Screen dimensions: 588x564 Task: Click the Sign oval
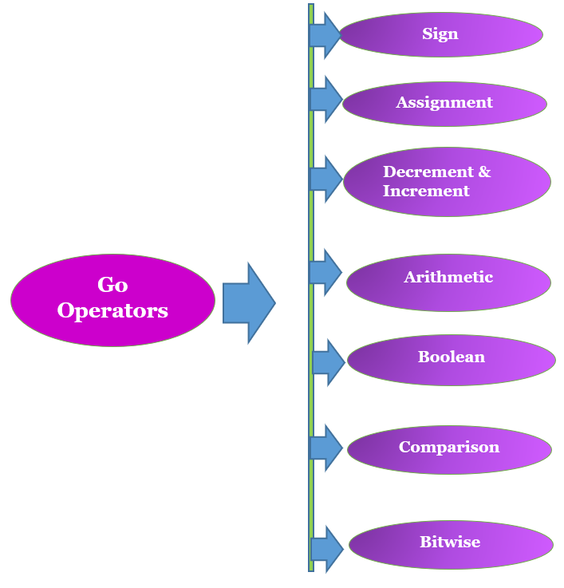pyautogui.click(x=440, y=35)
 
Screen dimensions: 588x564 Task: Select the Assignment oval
pyautogui.click(x=444, y=104)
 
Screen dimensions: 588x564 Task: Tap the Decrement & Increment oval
pyautogui.click(x=447, y=182)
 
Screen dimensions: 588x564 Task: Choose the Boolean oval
pyautogui.click(x=451, y=360)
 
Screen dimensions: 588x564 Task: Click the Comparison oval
pyautogui.click(x=449, y=449)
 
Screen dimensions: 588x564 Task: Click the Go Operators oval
pyautogui.click(x=112, y=300)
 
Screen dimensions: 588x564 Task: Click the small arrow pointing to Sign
pyautogui.click(x=325, y=35)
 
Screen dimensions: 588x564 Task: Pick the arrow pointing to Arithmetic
pyautogui.click(x=325, y=273)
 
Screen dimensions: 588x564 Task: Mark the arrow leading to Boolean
pyautogui.click(x=328, y=362)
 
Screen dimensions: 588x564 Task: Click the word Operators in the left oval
pyautogui.click(x=112, y=311)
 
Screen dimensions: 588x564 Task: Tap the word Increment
pyautogui.click(x=426, y=191)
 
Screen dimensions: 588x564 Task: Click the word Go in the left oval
pyautogui.click(x=112, y=285)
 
